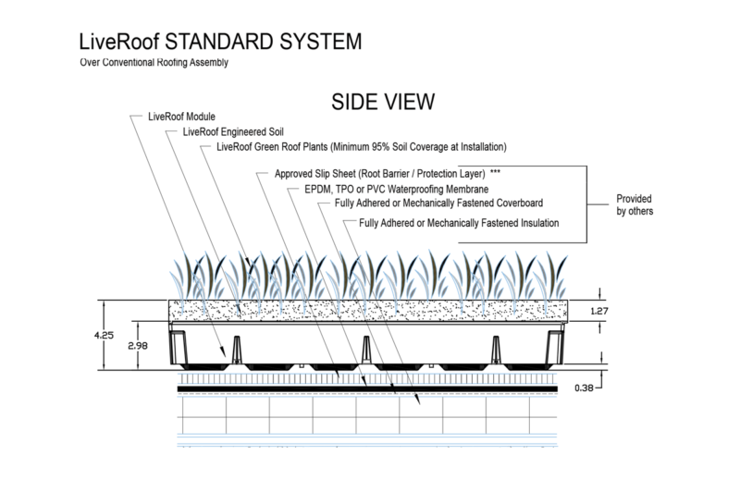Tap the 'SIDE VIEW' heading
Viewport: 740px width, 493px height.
click(376, 100)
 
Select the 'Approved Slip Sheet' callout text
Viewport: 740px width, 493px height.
click(380, 173)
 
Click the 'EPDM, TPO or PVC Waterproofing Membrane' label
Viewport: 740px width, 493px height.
click(396, 189)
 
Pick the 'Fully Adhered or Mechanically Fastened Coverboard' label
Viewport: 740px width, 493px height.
click(438, 203)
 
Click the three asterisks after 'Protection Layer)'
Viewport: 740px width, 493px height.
click(496, 173)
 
